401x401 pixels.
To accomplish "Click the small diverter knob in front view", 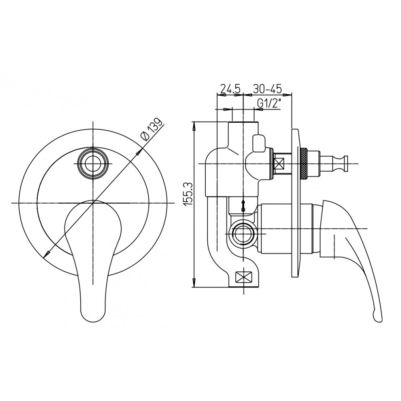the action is (x=93, y=163).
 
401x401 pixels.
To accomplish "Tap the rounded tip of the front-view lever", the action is (x=93, y=314).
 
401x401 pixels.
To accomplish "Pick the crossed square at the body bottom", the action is (x=243, y=277).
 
